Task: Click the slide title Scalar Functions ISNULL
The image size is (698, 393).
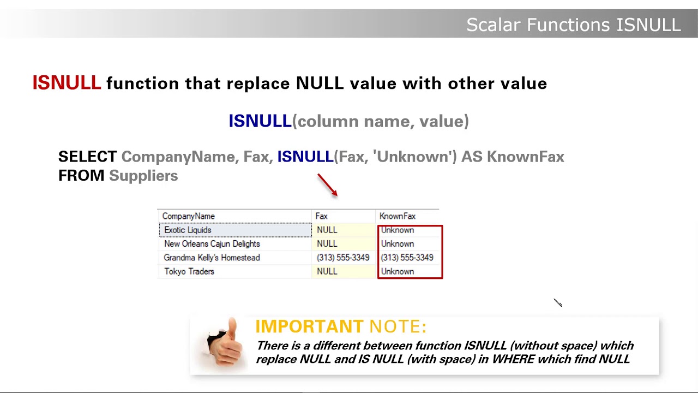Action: point(573,25)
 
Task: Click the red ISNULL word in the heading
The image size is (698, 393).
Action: point(67,84)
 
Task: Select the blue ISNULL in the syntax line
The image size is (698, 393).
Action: point(260,121)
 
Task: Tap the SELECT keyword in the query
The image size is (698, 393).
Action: point(87,157)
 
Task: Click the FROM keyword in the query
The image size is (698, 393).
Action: point(81,176)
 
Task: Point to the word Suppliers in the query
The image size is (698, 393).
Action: point(143,176)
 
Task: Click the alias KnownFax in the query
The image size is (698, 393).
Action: point(525,157)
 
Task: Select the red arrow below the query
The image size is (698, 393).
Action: point(328,185)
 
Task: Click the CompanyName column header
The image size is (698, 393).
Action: point(189,216)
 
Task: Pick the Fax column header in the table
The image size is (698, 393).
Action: point(321,216)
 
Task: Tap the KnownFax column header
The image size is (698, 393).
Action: point(398,216)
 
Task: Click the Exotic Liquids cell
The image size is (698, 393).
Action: point(188,230)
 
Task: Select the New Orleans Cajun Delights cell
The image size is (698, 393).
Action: point(212,244)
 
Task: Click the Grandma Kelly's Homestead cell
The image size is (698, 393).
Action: point(212,258)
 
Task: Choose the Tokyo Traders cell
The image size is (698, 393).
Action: point(189,271)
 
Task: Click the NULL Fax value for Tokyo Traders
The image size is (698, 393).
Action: point(327,271)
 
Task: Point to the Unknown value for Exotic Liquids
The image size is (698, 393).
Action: point(398,230)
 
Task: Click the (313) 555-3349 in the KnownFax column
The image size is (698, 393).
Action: point(407,258)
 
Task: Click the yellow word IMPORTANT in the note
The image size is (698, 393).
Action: point(309,326)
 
